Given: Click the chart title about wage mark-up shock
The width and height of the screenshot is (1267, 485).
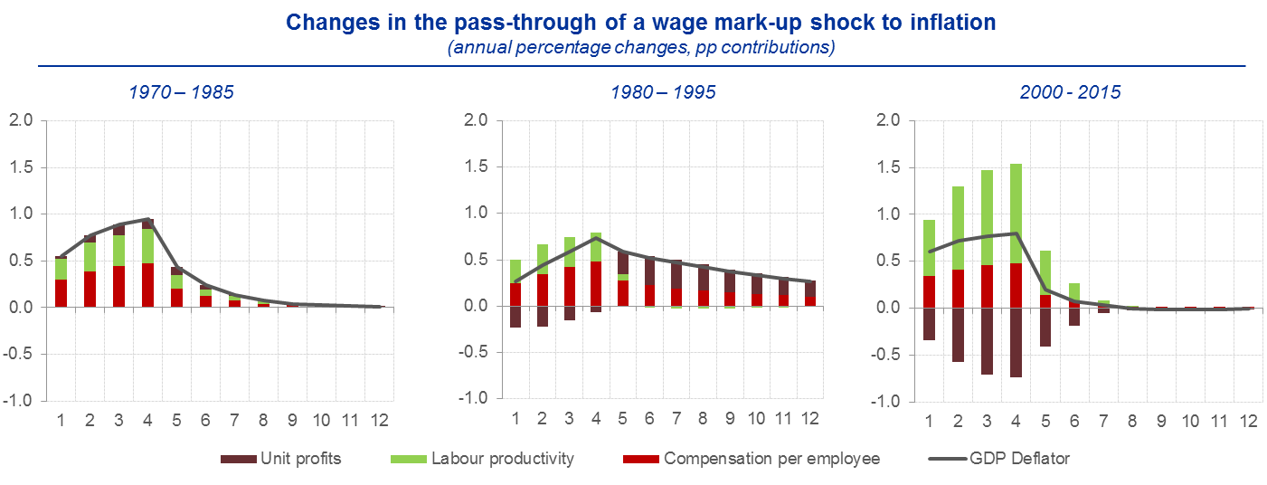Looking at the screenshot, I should point(633,23).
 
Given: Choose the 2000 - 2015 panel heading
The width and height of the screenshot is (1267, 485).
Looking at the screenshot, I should point(1070,91).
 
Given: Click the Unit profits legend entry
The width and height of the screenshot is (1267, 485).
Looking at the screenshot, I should point(281,459).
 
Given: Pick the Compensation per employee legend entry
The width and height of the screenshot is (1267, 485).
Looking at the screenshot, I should point(751,459).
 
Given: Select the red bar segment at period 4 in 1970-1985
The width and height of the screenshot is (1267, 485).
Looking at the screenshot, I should point(147,285).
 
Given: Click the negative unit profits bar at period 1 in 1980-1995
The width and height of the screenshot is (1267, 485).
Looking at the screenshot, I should point(515,317).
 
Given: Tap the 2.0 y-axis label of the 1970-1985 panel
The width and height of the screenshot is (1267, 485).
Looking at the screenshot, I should point(19,120).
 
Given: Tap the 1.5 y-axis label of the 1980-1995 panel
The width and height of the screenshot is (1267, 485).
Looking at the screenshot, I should point(475,166).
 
